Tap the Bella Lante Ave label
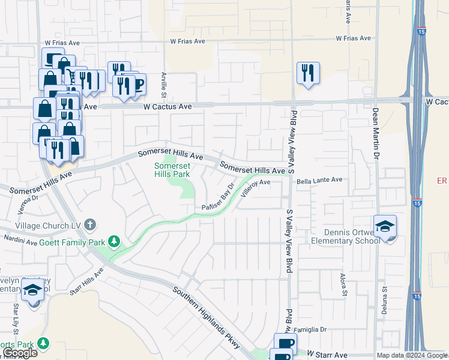click(x=319, y=179)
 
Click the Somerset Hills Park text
click(x=172, y=170)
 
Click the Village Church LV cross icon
click(x=90, y=225)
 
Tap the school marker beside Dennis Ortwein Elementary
click(x=385, y=227)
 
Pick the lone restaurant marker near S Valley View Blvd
click(x=308, y=73)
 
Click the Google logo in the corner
click(x=19, y=353)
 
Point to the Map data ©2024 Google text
click(x=411, y=355)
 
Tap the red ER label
click(x=442, y=181)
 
